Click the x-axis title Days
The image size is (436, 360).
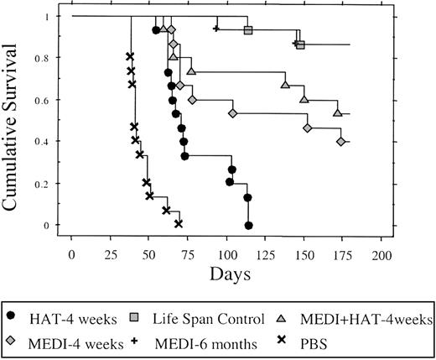click(228, 274)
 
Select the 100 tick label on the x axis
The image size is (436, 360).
click(229, 253)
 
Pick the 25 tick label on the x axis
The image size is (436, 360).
click(111, 253)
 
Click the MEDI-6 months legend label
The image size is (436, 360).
click(211, 342)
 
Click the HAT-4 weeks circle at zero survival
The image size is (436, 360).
click(249, 225)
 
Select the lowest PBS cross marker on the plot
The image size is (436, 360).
click(179, 223)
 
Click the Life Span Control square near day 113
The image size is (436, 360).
click(248, 30)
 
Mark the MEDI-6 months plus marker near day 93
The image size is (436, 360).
click(216, 29)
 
